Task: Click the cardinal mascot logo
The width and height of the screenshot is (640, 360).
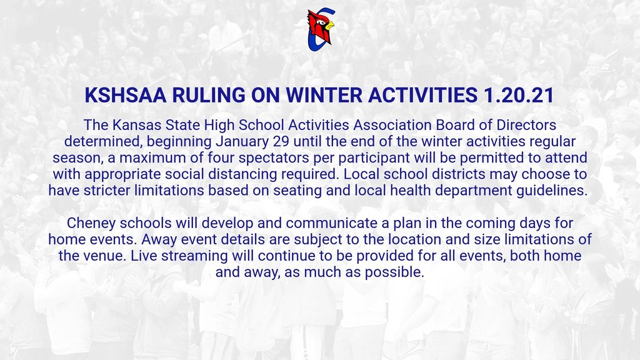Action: [x=321, y=29]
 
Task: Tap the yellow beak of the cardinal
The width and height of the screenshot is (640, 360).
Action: [x=329, y=26]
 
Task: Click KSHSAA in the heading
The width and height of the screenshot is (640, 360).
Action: [x=126, y=95]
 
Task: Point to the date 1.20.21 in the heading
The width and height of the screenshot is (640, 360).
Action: [x=519, y=95]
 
